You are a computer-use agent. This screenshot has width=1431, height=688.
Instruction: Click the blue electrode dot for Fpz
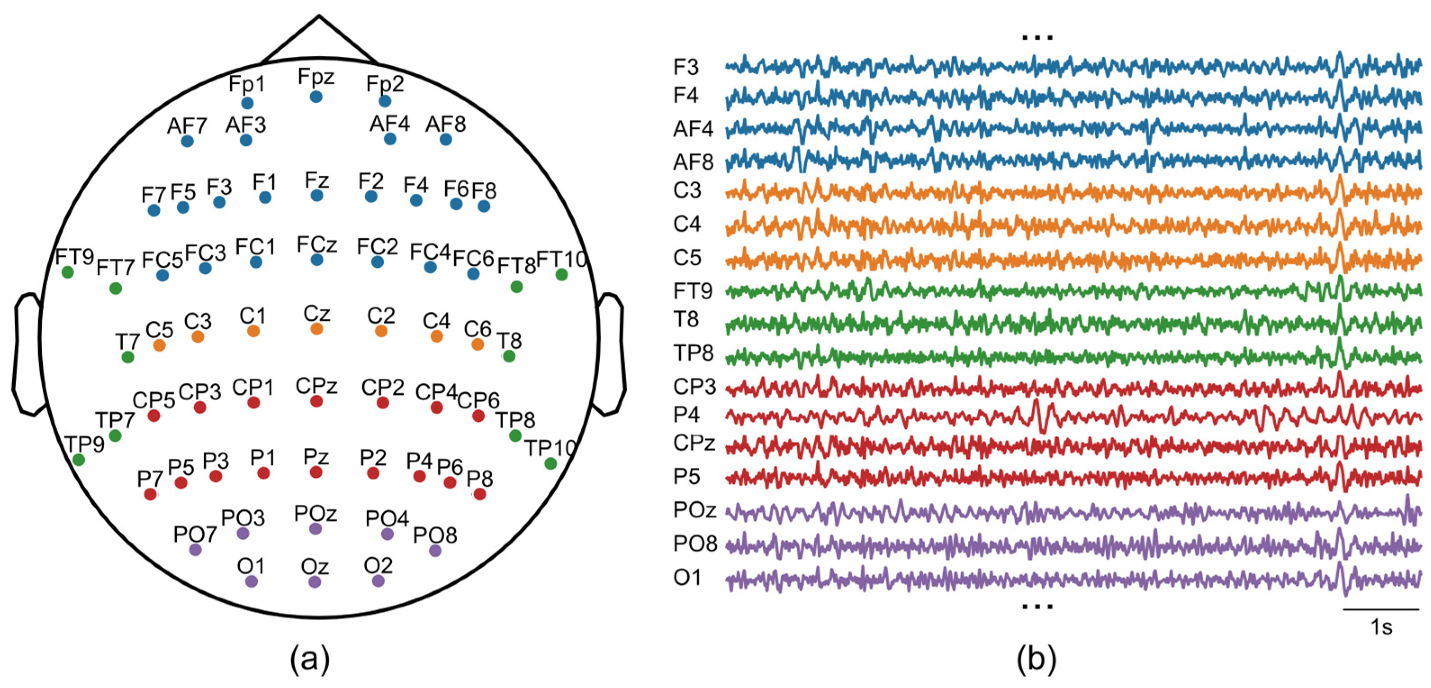[316, 97]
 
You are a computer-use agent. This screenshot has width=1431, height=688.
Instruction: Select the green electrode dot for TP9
[79, 460]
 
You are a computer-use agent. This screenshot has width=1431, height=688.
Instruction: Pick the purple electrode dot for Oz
[315, 582]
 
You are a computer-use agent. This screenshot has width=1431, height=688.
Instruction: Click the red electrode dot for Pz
[316, 472]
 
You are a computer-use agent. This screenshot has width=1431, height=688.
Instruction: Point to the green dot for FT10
[562, 274]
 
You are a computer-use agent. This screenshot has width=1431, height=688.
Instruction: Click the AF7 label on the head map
[187, 126]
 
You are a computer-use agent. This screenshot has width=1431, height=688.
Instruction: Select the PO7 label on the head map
[194, 534]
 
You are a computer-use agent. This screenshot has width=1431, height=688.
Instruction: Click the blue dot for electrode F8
[484, 206]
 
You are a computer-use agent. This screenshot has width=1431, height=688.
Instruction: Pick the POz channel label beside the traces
[694, 510]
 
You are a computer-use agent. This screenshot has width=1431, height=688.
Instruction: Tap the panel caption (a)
[310, 660]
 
